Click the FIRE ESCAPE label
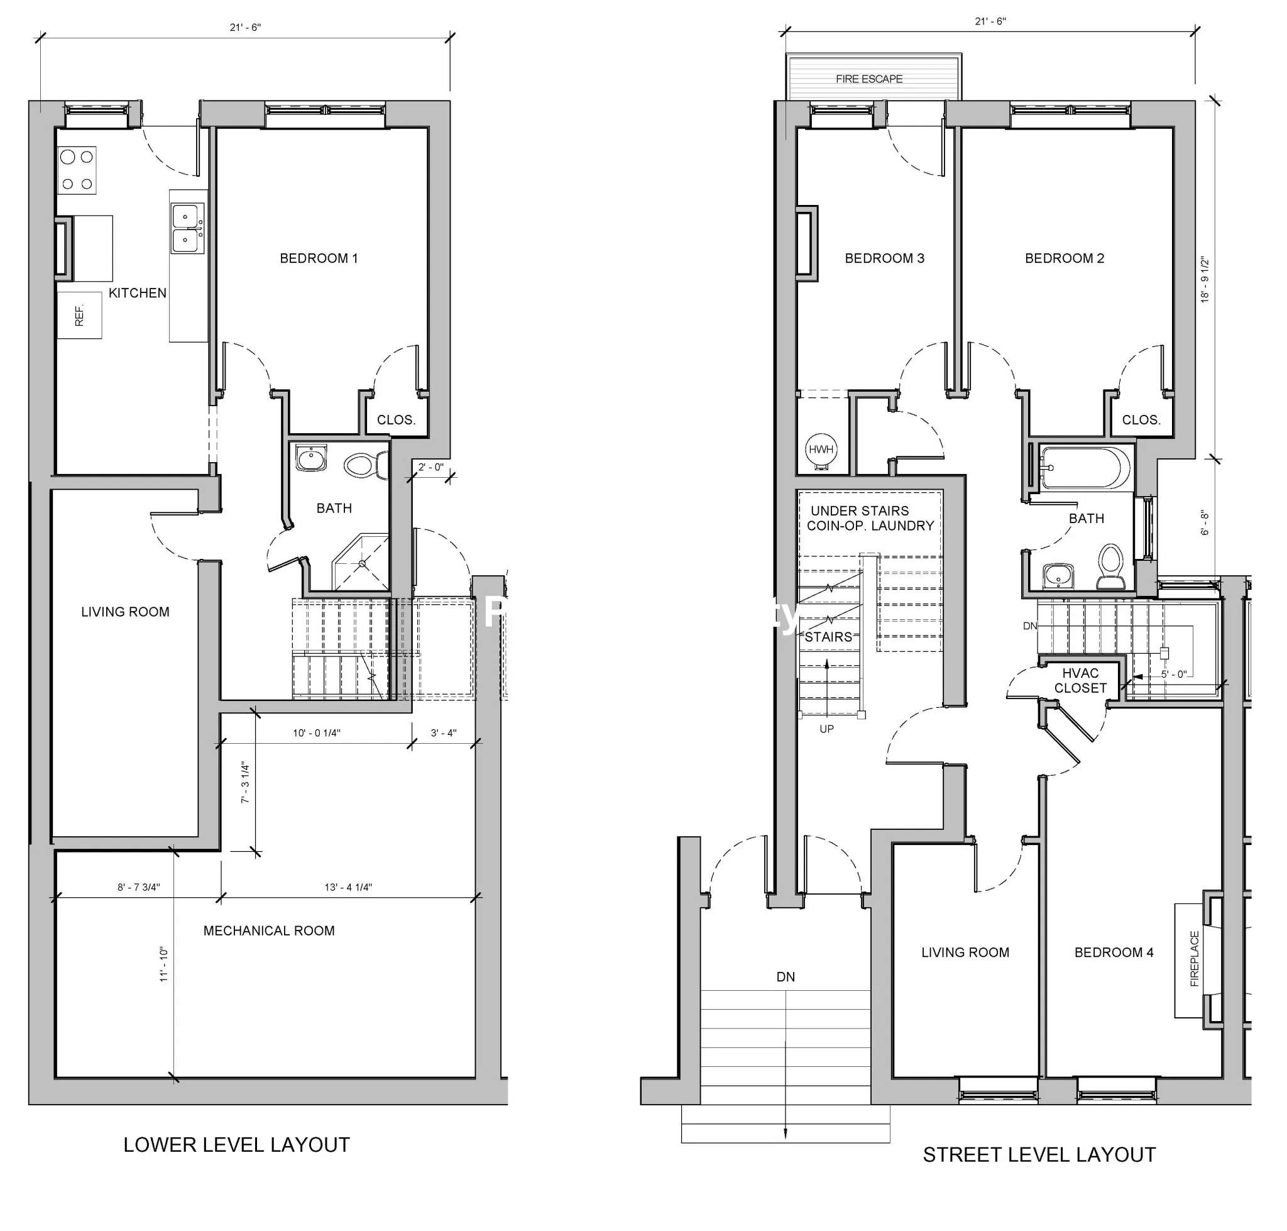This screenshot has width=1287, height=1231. (868, 79)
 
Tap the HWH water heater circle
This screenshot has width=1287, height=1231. (821, 450)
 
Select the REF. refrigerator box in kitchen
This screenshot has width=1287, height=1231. (79, 315)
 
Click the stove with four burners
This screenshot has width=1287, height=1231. (77, 170)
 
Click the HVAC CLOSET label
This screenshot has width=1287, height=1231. (1080, 680)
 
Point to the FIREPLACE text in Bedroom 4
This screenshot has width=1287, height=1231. (1194, 959)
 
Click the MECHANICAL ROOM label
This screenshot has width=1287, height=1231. (269, 930)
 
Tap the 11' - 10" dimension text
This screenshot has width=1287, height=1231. (163, 964)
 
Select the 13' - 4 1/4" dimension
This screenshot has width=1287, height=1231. (348, 887)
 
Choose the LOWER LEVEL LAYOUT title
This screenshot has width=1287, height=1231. (236, 1145)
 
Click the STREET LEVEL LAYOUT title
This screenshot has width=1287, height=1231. (1039, 1155)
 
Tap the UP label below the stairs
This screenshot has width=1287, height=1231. (826, 729)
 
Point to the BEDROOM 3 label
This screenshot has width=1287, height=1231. (884, 258)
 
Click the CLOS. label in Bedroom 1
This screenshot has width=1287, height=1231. (396, 420)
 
